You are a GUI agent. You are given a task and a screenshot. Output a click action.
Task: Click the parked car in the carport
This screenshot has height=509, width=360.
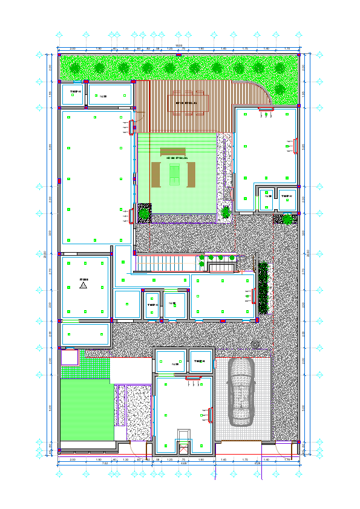tap(241, 397)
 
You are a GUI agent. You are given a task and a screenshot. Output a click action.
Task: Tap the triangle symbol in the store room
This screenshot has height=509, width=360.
tap(83, 285)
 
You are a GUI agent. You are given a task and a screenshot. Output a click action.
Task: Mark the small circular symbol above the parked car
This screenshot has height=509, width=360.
tap(255, 345)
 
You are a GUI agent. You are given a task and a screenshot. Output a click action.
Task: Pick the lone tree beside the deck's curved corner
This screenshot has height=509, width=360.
tap(280, 89)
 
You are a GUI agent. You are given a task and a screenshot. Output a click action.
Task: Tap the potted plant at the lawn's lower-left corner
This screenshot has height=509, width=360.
tap(144, 213)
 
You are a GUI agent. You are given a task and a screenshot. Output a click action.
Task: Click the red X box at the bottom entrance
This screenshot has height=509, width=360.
tap(183, 447)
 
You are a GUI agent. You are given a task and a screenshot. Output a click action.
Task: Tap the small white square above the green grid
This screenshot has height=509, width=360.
tap(70, 357)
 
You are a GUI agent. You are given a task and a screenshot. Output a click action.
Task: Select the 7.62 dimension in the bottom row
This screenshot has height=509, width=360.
tap(105, 464)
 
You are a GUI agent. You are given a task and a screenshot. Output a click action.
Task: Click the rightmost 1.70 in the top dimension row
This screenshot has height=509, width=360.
tap(287, 48)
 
